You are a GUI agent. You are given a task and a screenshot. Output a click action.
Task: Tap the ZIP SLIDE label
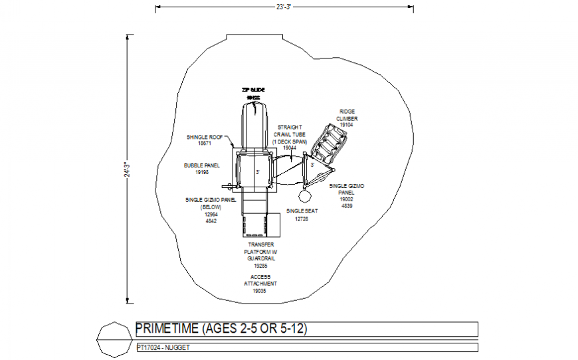[x=252, y=88]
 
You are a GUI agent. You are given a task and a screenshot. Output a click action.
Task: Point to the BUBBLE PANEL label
[x=202, y=165]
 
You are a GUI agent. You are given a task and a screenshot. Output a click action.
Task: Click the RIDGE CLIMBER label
[x=347, y=115]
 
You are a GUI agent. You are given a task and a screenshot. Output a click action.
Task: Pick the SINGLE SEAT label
[x=302, y=211]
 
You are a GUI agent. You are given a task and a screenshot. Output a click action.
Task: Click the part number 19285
[x=260, y=266]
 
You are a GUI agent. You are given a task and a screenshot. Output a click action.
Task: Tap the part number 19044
[x=290, y=148]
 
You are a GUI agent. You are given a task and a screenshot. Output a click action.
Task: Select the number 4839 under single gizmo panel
[x=346, y=207]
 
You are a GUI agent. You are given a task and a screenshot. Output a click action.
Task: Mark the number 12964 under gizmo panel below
[x=211, y=215]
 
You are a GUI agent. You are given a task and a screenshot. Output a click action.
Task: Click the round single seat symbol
[x=306, y=195]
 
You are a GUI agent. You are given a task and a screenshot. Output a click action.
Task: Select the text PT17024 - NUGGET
[x=160, y=347]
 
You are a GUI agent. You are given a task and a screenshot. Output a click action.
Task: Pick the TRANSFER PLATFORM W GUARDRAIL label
[x=260, y=251]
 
